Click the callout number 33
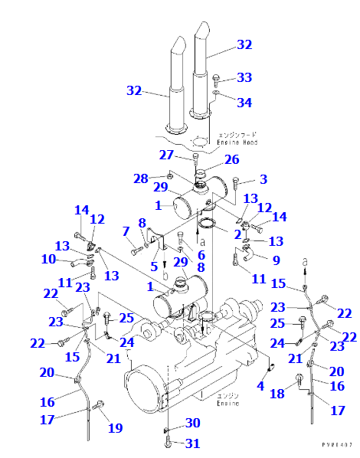(244, 77)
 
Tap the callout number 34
(244, 103)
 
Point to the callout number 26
(231, 160)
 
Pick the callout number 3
(263, 179)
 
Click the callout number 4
(260, 386)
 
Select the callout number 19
(115, 428)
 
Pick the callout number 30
(192, 423)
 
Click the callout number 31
(192, 443)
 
